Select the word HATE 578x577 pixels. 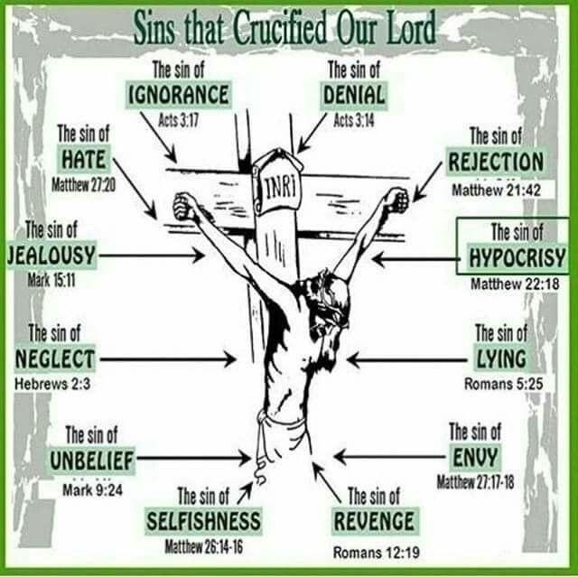point(84,160)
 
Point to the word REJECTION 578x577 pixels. point(496,163)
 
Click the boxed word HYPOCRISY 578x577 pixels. point(517,258)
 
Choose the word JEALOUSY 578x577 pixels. point(51,256)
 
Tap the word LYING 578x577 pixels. point(502,358)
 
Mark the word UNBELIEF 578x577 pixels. point(92,461)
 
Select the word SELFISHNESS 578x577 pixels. point(204,521)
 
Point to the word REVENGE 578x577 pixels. point(374,521)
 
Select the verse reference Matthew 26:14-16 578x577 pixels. point(202,546)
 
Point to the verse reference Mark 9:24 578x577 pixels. point(92,489)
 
